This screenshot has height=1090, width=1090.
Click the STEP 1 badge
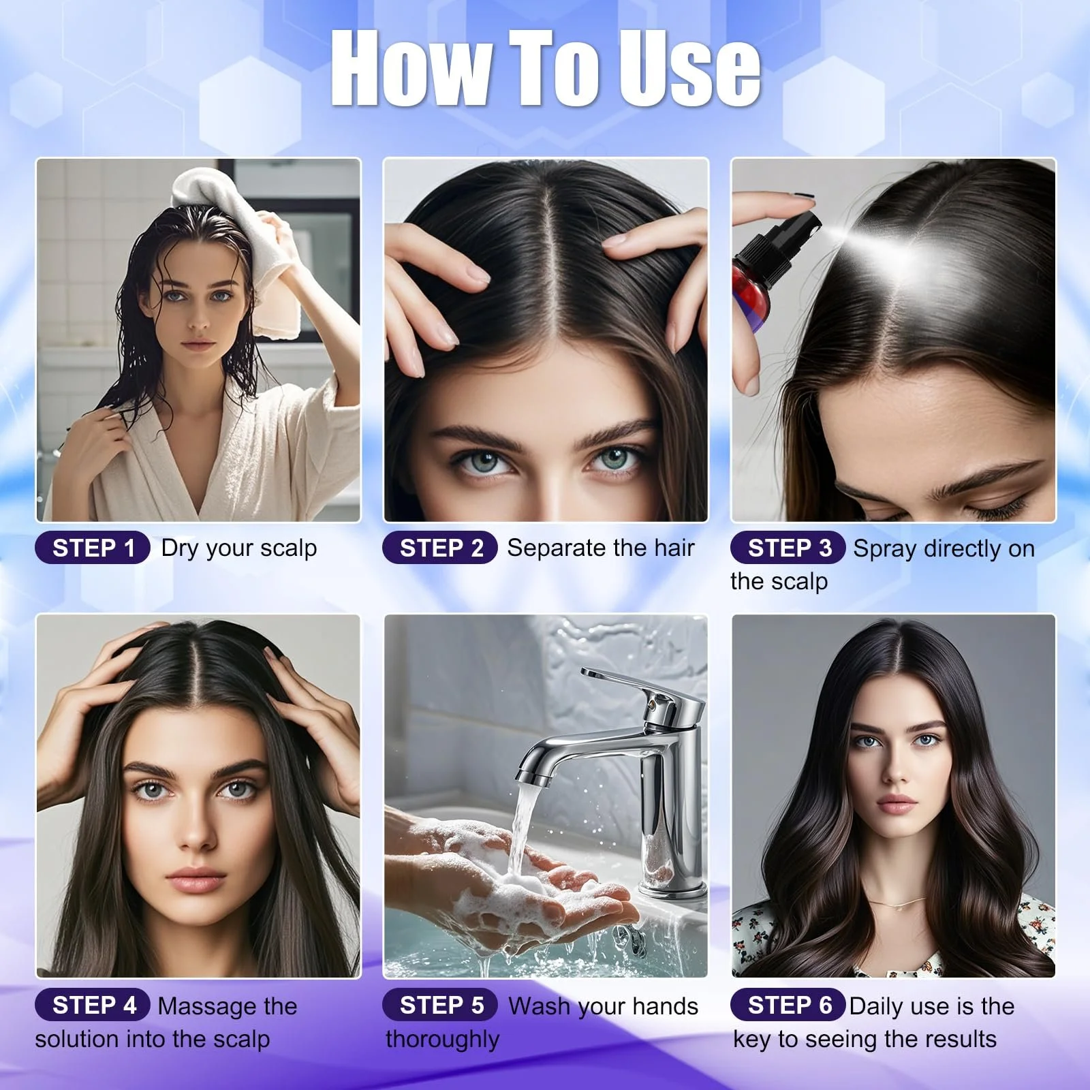pos(93,548)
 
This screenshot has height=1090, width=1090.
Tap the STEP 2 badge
pos(440,548)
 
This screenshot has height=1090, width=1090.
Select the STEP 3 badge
pos(788,548)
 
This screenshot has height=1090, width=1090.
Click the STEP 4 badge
pos(93,1005)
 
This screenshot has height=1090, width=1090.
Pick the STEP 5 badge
pos(440,1005)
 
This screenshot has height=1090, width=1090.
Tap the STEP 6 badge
pos(788,1005)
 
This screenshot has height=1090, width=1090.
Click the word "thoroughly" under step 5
pos(442,1040)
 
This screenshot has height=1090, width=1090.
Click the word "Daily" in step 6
pos(875,1007)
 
